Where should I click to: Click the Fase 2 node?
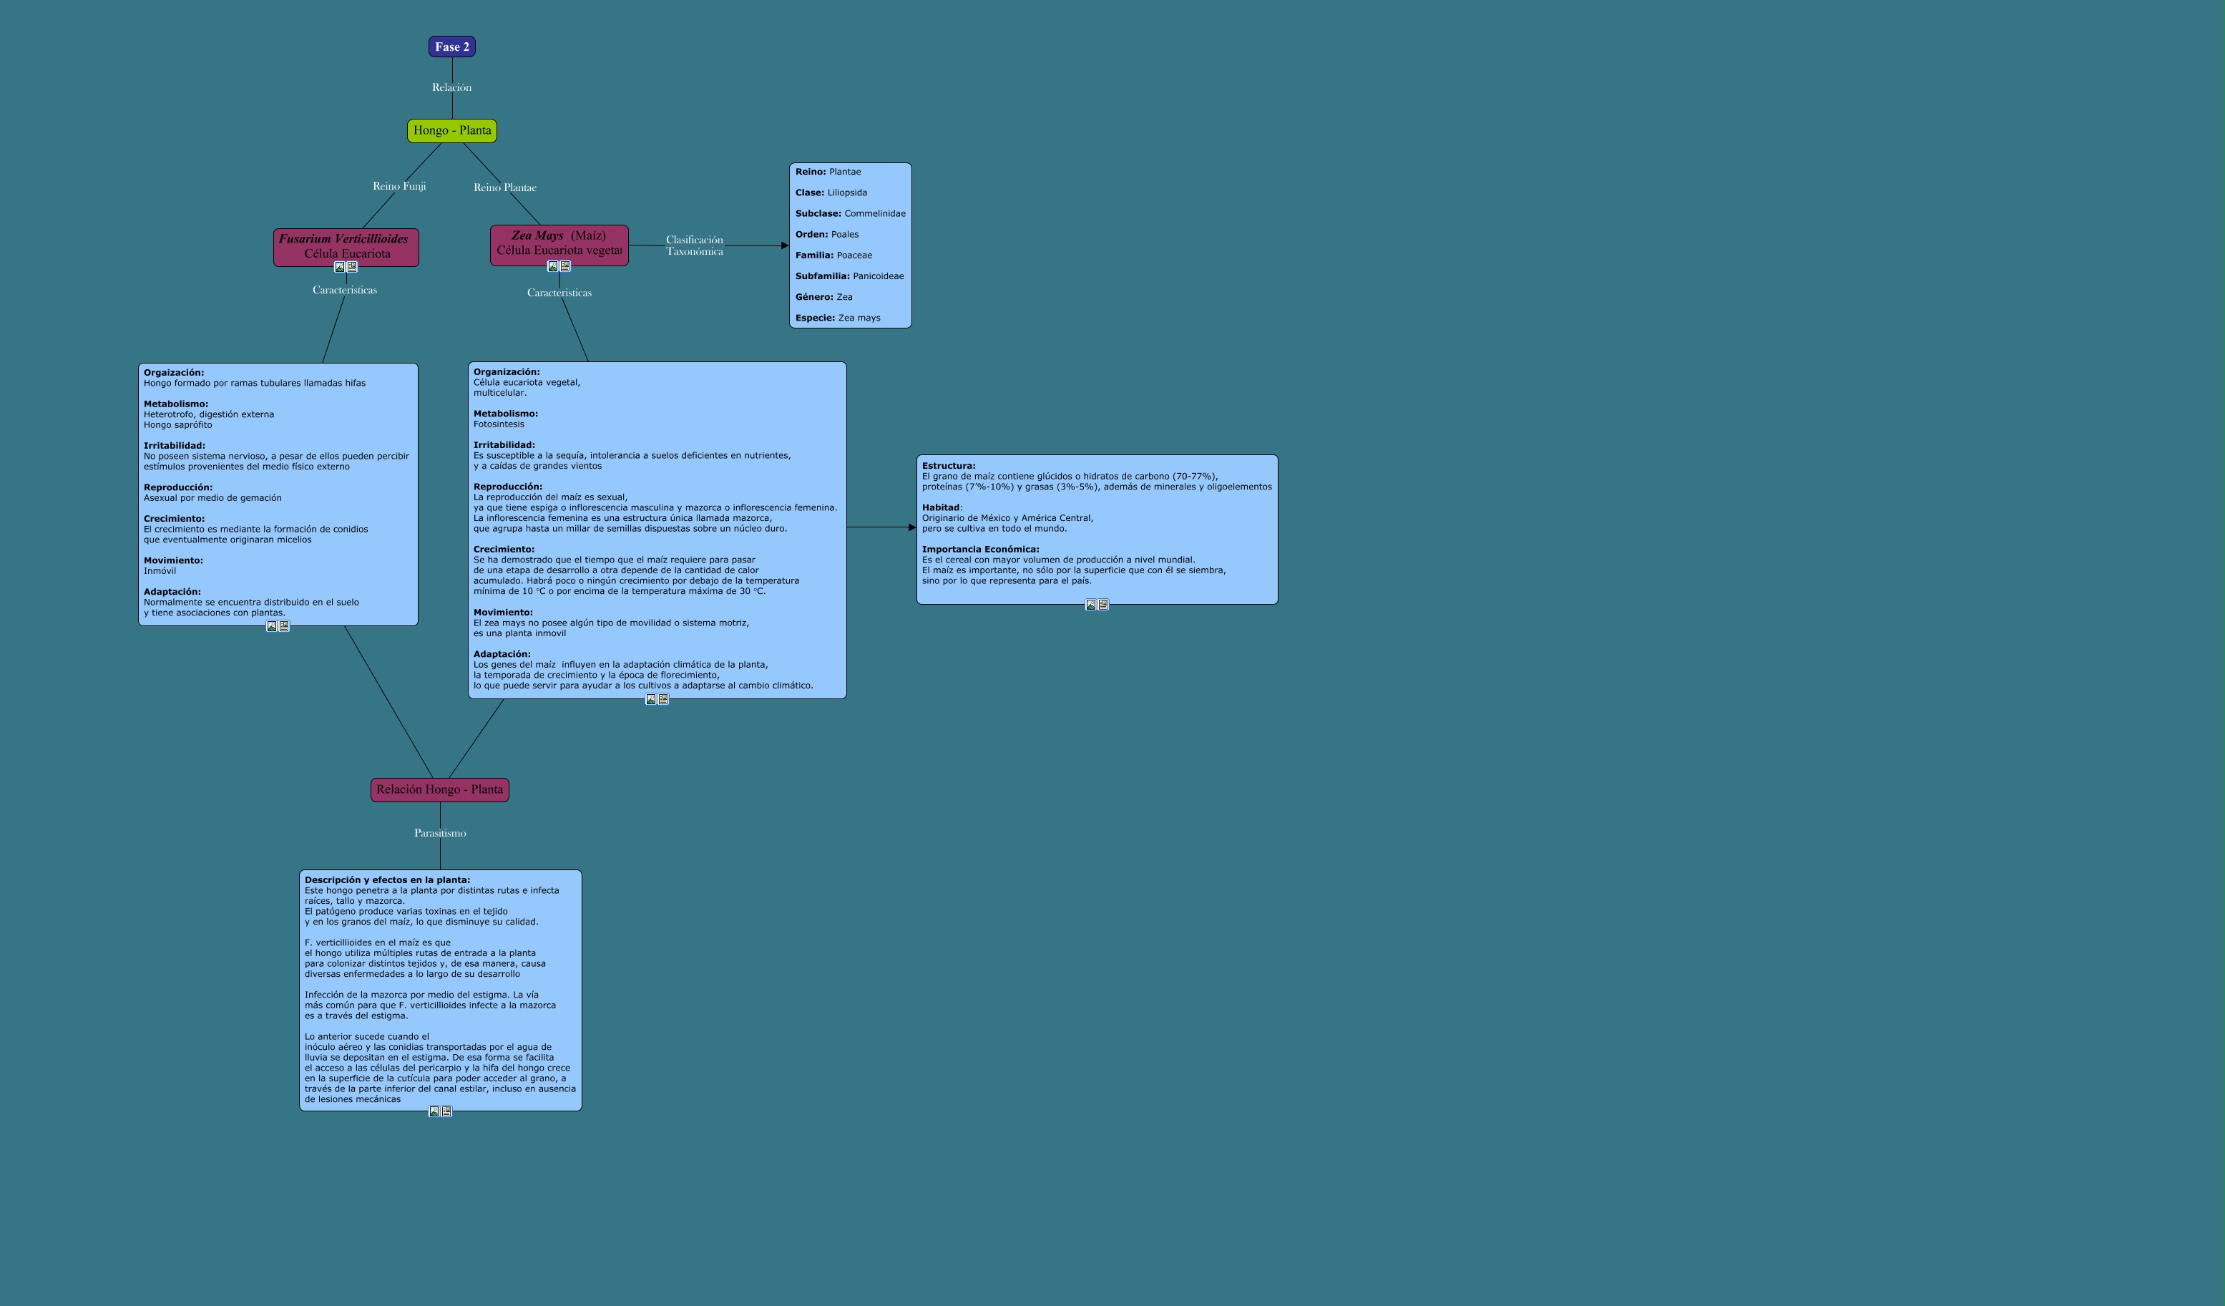coord(452,47)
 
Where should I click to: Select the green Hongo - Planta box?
coord(452,131)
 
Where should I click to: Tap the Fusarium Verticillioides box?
coord(346,246)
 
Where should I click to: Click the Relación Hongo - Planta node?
coord(440,789)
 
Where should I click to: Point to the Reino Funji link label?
coord(399,186)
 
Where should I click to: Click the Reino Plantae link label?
coord(505,187)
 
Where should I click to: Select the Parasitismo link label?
coord(440,833)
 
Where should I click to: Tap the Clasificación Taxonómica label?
coord(694,245)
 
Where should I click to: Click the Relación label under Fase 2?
coord(451,87)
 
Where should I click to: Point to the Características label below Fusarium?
coord(344,290)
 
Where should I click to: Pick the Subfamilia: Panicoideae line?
coord(849,276)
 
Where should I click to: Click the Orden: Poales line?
coord(826,235)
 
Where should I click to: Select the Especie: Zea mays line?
coord(837,318)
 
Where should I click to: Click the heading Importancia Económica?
coord(980,550)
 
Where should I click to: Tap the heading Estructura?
coord(948,465)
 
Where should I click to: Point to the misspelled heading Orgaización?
coord(174,373)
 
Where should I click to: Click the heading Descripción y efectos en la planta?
coord(387,879)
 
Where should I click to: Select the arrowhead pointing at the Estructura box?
coord(912,527)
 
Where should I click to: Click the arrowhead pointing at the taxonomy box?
coord(784,245)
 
